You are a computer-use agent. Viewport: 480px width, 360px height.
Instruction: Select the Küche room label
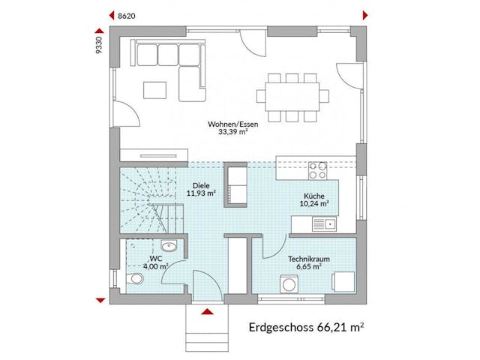click(313, 195)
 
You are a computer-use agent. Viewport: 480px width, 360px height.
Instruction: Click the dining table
click(292, 95)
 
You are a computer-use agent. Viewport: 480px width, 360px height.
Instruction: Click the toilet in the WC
click(134, 280)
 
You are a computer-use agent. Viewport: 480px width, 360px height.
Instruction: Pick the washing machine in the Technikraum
click(288, 285)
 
